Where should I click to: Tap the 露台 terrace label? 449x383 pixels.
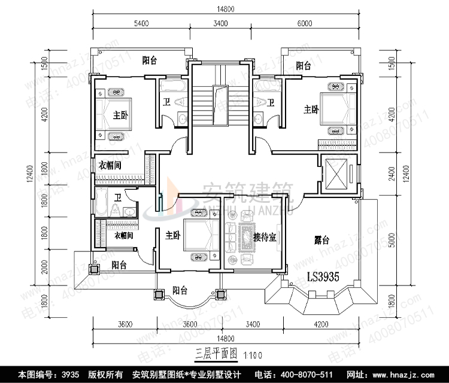point(322,241)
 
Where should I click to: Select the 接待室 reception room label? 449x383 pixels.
point(264,236)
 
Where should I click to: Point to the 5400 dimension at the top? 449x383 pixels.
point(141,23)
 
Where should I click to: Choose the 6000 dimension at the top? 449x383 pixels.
point(305,23)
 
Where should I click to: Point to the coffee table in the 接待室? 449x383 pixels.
point(245,236)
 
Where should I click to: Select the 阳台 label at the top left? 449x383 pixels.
point(150,60)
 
